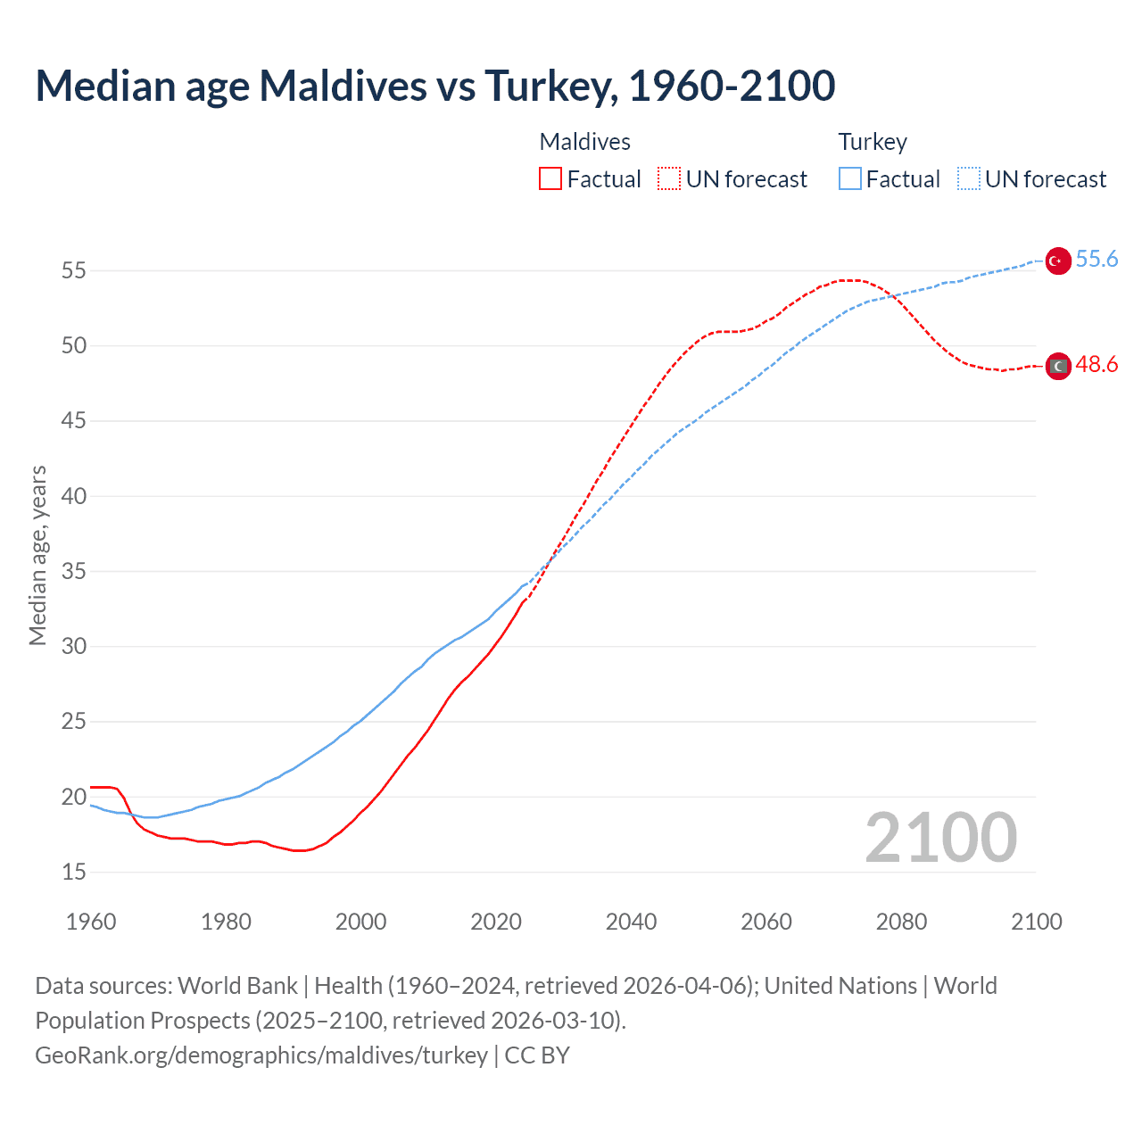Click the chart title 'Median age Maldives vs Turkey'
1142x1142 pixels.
tap(434, 86)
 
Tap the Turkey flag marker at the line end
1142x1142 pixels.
tap(1057, 261)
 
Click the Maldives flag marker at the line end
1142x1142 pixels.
tap(1057, 366)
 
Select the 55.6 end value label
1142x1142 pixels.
tap(1096, 259)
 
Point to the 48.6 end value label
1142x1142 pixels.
tap(1096, 364)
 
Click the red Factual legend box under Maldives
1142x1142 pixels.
tap(550, 179)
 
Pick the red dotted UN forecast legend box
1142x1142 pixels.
tap(669, 179)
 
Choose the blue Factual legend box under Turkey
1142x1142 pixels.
tap(850, 179)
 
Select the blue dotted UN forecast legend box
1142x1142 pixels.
tap(968, 179)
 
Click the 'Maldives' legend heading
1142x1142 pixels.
tap(584, 142)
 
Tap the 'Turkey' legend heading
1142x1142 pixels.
tap(872, 142)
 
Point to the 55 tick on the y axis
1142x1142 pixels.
tap(74, 270)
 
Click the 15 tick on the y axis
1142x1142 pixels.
tap(74, 872)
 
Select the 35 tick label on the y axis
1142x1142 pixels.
tap(74, 571)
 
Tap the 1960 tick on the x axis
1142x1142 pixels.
tap(91, 922)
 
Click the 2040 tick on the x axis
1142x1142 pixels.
tap(631, 922)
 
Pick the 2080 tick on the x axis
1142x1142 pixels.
tap(901, 922)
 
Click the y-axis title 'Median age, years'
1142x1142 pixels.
tap(37, 555)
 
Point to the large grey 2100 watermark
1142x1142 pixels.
tap(940, 837)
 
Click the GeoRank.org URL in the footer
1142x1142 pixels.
tap(261, 1055)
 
